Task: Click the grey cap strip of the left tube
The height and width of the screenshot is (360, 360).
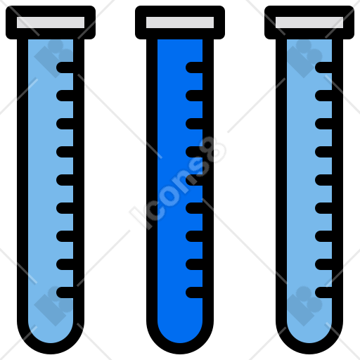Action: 51,22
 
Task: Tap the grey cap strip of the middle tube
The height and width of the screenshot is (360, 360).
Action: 180,22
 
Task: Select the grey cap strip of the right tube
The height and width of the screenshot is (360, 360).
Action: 309,22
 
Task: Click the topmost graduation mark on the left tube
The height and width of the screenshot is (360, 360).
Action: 65,67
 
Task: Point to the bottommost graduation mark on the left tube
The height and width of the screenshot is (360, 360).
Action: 65,292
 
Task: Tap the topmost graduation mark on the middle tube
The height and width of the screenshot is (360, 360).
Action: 194,67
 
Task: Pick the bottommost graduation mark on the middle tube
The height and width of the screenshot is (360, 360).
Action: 194,292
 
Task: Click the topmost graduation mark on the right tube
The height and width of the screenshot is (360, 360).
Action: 323,67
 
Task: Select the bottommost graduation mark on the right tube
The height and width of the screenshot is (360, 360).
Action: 323,292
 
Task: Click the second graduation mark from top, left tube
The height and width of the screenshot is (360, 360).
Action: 65,96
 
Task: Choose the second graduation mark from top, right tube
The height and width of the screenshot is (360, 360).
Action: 323,96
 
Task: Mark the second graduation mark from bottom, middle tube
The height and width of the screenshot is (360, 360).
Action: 194,264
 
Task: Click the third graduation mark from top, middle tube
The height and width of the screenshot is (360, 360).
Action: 194,124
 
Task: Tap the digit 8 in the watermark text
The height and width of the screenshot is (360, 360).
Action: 212,150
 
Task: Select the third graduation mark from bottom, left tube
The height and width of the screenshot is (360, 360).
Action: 65,236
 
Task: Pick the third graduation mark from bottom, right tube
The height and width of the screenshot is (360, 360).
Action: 323,236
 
